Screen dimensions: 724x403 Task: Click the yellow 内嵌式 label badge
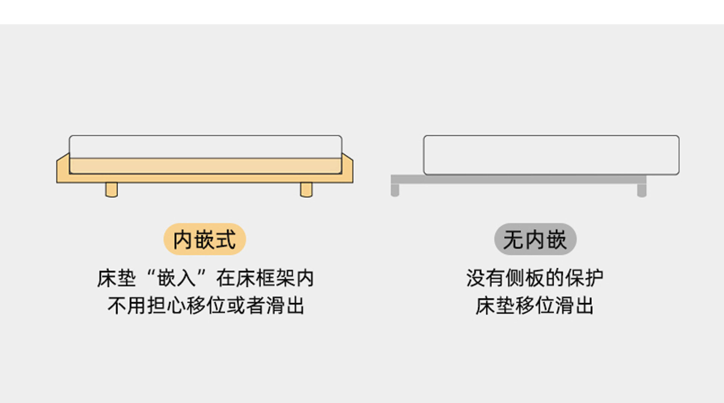click(204, 239)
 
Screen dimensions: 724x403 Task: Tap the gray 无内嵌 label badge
click(535, 239)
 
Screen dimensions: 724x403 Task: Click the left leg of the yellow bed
click(111, 190)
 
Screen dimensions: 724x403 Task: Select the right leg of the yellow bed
click(306, 190)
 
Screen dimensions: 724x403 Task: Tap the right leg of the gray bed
click(641, 190)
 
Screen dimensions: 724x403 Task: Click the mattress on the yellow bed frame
click(206, 147)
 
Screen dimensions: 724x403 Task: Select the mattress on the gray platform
click(551, 155)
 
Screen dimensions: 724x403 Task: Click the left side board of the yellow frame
click(63, 168)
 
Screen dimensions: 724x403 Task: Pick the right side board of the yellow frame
click(347, 168)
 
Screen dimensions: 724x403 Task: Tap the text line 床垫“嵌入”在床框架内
click(206, 278)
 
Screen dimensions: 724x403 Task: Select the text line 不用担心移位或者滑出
click(206, 305)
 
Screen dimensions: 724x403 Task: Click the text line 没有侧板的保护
click(535, 278)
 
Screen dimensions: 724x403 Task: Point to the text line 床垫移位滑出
click(535, 305)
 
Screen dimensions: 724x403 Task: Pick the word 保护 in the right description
click(584, 278)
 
